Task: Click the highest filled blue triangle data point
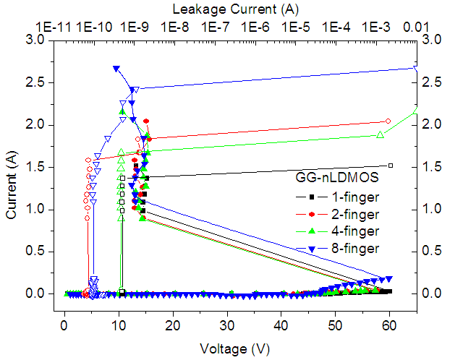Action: point(116,69)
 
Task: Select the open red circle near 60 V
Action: point(388,121)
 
